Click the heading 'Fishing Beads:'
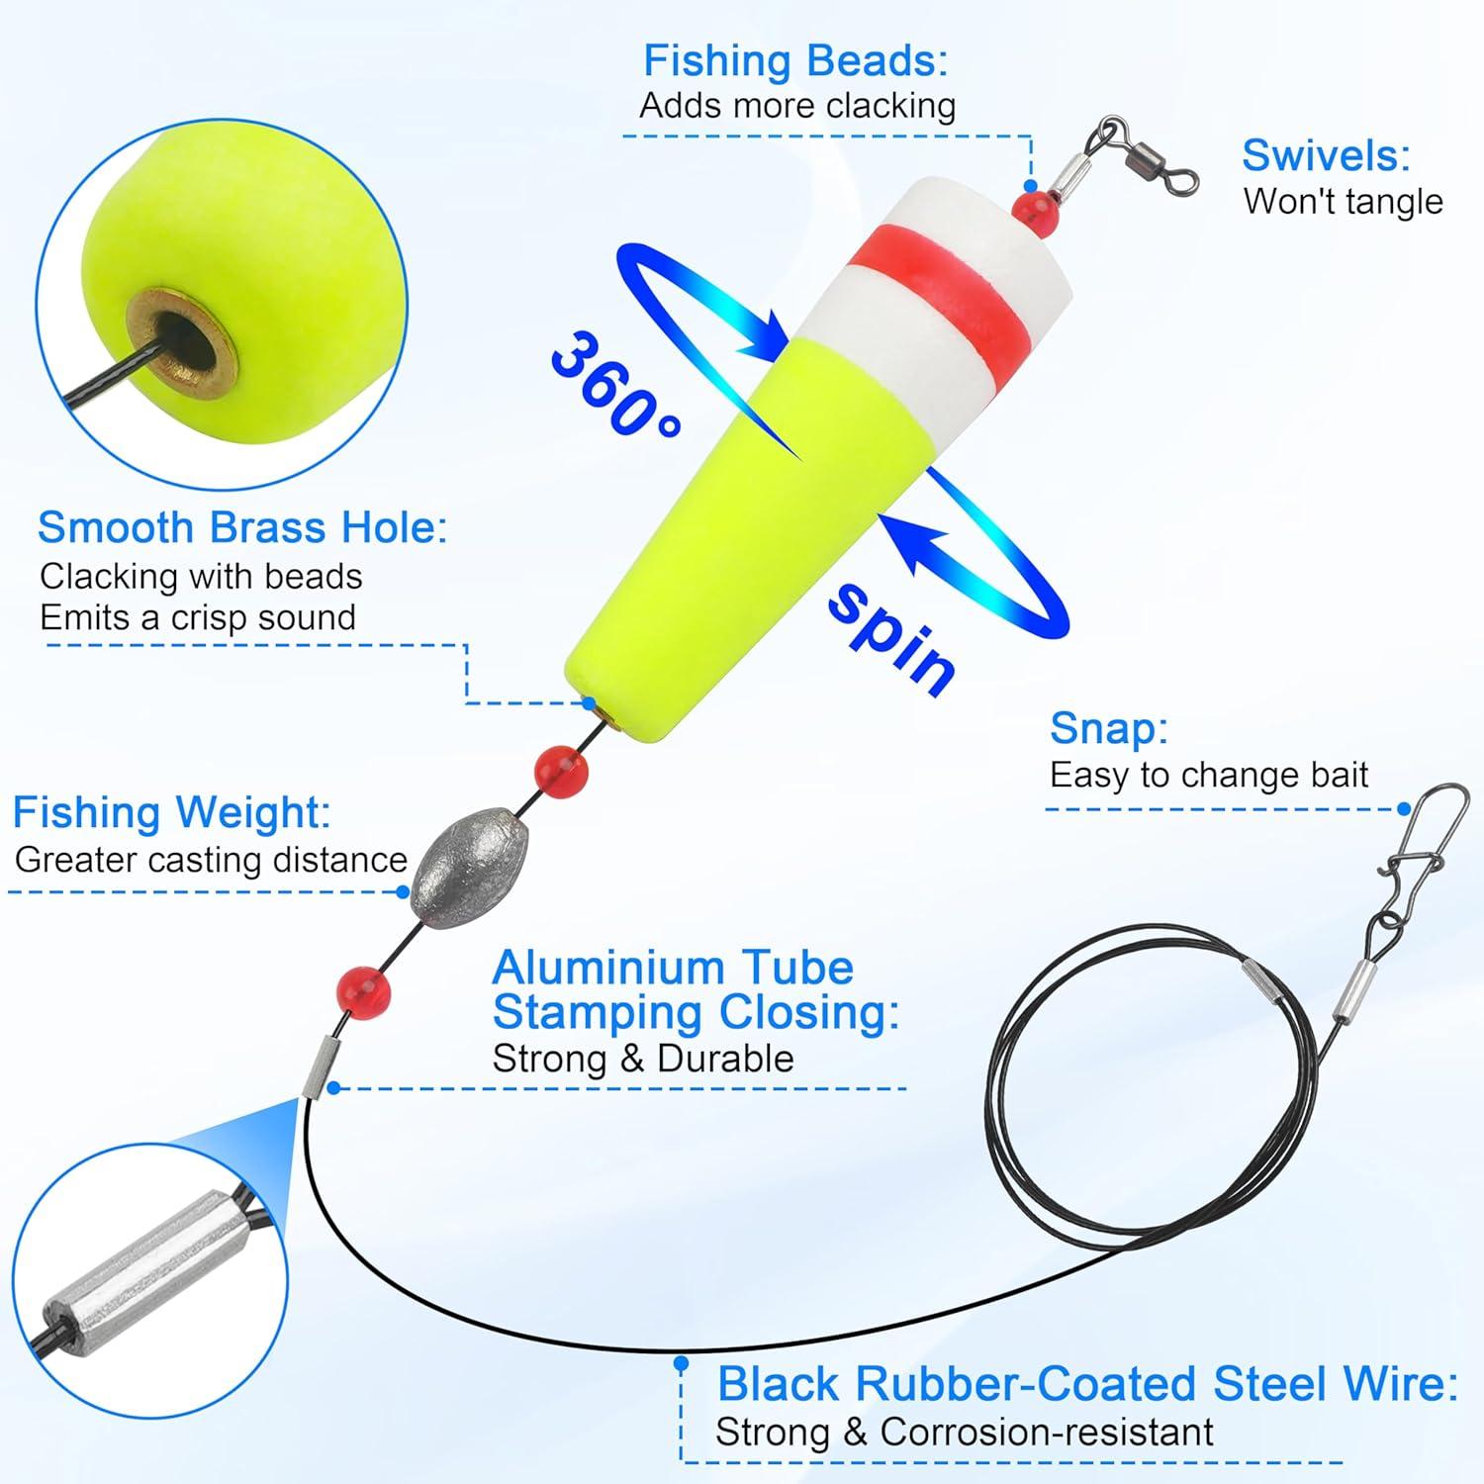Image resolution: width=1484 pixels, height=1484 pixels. pos(795,60)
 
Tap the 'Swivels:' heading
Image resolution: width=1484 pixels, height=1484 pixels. pos(1326,155)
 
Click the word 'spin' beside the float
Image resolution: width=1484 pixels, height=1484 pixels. pos(891,638)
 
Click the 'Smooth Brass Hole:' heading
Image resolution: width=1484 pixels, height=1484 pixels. pos(242,527)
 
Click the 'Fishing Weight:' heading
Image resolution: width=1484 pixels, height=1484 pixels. pos(171,812)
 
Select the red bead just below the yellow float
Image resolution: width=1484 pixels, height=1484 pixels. pos(561,769)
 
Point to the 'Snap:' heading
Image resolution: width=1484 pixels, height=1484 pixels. pos(1109,728)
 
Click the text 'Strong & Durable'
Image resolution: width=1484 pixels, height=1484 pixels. pos(643,1059)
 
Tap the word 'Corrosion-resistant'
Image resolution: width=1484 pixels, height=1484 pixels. pos(1047,1432)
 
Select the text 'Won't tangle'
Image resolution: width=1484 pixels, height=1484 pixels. pos(1343,201)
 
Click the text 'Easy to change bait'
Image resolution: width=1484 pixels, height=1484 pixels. pos(1208,775)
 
